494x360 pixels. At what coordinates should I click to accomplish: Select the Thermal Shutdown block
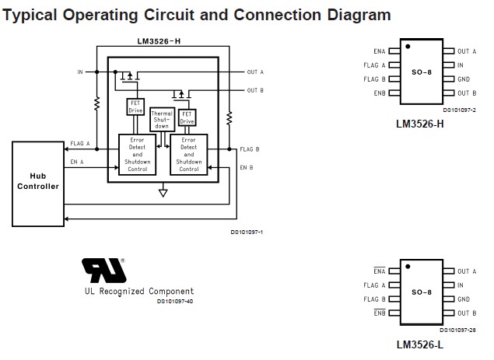click(162, 120)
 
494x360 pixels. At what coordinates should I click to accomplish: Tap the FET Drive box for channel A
click(135, 107)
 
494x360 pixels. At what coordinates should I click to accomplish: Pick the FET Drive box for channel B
click(187, 117)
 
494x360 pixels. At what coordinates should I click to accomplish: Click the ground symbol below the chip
click(163, 192)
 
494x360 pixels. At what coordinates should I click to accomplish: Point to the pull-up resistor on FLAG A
click(96, 103)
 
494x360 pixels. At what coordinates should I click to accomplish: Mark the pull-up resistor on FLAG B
click(229, 117)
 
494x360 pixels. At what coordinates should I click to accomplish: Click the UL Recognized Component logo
click(104, 271)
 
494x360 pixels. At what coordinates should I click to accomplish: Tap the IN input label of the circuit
click(80, 72)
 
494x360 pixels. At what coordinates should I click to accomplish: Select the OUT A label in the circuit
click(255, 72)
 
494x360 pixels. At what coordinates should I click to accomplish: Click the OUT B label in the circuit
click(255, 90)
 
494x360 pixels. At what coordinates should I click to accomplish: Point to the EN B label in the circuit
click(247, 167)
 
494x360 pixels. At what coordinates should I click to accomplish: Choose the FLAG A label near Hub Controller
click(80, 144)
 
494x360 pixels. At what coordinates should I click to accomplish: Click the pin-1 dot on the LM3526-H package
click(408, 47)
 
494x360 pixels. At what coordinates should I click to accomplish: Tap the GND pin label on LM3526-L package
click(464, 299)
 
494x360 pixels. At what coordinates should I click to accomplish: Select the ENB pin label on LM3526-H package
click(380, 93)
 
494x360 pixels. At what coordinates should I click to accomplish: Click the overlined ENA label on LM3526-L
click(380, 271)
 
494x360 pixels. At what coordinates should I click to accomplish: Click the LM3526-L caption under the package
click(420, 344)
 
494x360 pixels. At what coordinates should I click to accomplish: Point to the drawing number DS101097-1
click(247, 232)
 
